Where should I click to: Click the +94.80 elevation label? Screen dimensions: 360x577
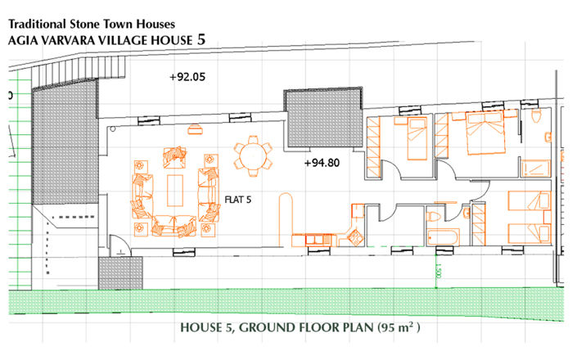coord(321,163)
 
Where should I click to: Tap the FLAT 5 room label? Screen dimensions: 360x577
coord(237,198)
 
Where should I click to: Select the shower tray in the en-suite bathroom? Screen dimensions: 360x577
coord(538,169)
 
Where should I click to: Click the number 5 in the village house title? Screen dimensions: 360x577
coord(201,38)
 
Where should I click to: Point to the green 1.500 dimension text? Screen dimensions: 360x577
coord(438,271)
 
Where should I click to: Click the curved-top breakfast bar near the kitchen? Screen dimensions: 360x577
coord(285,217)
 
